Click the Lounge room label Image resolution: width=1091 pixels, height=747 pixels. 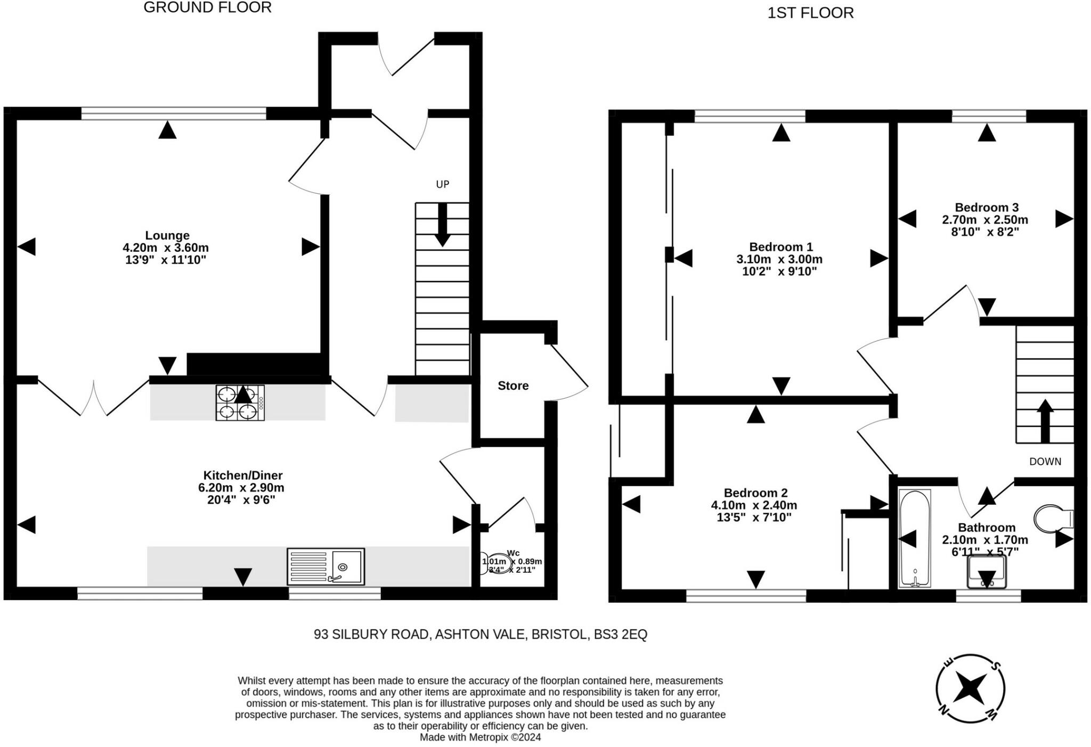[x=167, y=235]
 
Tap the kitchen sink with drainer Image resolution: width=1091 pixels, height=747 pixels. [x=325, y=565]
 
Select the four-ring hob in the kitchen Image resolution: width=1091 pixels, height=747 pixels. [x=240, y=403]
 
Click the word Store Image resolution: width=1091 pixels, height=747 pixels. [x=513, y=385]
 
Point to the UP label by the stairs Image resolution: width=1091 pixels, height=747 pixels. [x=442, y=184]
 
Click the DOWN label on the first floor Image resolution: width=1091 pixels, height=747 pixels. [x=1045, y=462]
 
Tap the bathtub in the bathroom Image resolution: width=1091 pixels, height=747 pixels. [x=915, y=538]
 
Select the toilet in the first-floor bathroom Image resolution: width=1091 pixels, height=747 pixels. [x=1052, y=518]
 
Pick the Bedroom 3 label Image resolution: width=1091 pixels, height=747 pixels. [x=987, y=208]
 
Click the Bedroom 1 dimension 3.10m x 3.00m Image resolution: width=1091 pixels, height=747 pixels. [x=779, y=259]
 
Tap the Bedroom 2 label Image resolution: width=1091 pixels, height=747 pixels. [x=755, y=493]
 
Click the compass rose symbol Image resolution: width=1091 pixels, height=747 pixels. [x=970, y=688]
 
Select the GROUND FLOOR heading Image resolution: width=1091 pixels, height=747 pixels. [x=207, y=7]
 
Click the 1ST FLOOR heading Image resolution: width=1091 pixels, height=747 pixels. [x=810, y=13]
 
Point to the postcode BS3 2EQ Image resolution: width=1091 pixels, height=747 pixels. [x=621, y=634]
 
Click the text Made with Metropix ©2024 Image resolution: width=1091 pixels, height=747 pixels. [x=480, y=737]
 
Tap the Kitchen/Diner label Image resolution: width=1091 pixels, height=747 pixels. [x=243, y=475]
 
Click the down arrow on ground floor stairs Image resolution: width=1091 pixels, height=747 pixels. [x=442, y=226]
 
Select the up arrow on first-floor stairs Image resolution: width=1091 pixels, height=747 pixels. [x=1045, y=421]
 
